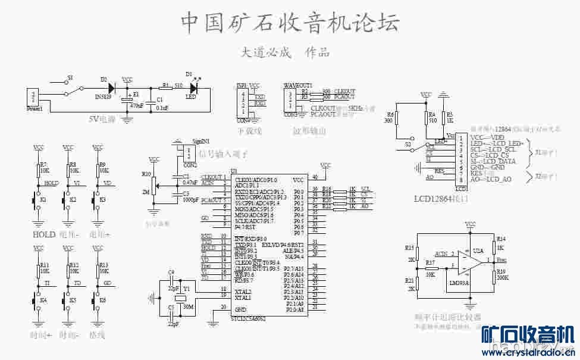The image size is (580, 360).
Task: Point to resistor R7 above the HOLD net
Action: click(39, 170)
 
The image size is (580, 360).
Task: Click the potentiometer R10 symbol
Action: click(154, 186)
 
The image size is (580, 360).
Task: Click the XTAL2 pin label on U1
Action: click(242, 292)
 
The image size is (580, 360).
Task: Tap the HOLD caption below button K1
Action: click(45, 234)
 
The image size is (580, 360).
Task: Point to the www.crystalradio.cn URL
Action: click(526, 352)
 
